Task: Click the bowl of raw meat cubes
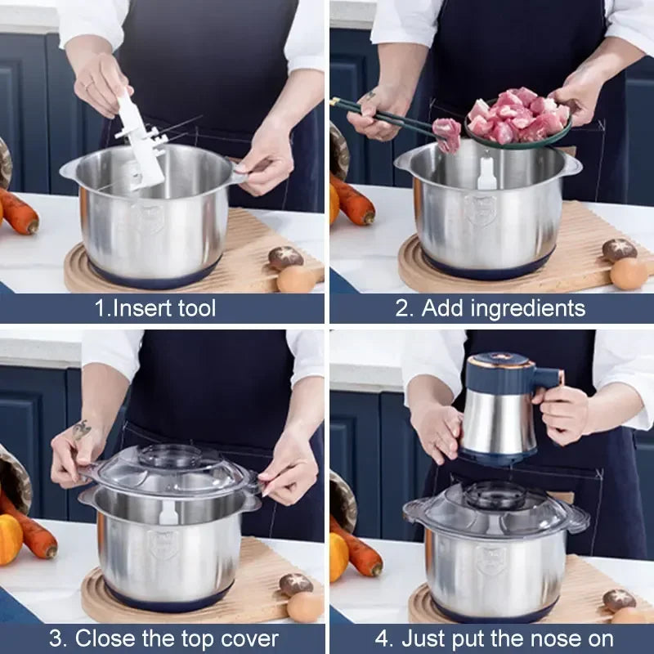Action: coord(519,119)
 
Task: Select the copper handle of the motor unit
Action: coord(547,378)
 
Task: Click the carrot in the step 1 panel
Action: coord(18,211)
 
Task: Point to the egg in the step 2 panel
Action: coord(629,273)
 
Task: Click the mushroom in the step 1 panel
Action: coord(285,258)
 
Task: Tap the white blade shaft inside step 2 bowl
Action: coord(486,174)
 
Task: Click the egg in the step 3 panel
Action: coord(305,607)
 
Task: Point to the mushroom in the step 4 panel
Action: coord(619,599)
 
